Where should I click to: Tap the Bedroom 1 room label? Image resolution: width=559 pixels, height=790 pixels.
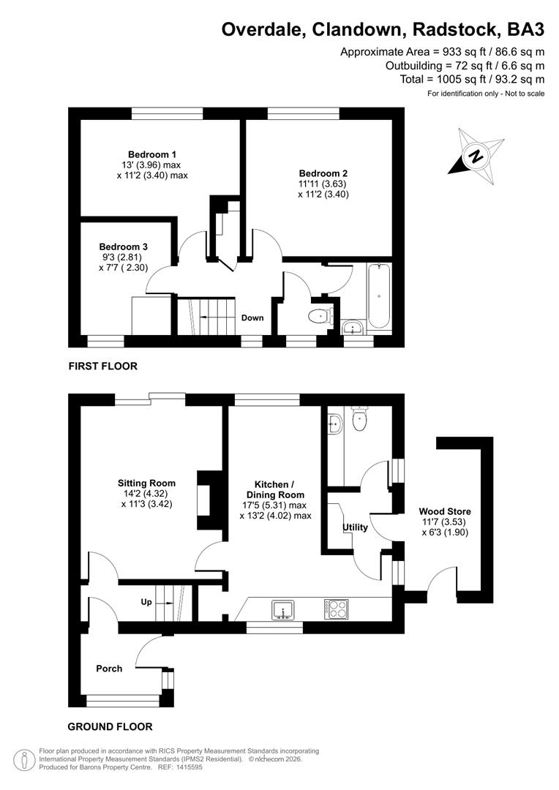pyautogui.click(x=152, y=154)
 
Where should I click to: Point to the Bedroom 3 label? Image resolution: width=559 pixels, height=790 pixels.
pyautogui.click(x=123, y=247)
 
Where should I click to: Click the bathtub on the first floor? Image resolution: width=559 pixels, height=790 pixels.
pyautogui.click(x=380, y=297)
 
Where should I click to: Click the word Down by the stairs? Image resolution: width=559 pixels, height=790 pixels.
pyautogui.click(x=252, y=317)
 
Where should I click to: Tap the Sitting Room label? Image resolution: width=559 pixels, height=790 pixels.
pyautogui.click(x=146, y=483)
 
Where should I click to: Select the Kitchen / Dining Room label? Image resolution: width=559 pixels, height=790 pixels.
pyautogui.click(x=274, y=489)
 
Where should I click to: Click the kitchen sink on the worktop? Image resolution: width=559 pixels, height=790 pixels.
pyautogui.click(x=282, y=608)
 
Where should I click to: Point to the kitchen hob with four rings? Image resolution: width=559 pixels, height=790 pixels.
pyautogui.click(x=336, y=607)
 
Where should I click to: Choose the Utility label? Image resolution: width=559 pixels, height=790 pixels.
pyautogui.click(x=355, y=527)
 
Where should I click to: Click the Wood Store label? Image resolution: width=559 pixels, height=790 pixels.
pyautogui.click(x=445, y=511)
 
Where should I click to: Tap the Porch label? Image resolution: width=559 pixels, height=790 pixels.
pyautogui.click(x=109, y=669)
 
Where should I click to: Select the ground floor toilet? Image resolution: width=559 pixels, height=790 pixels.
pyautogui.click(x=359, y=418)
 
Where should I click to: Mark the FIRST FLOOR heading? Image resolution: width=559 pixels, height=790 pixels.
pyautogui.click(x=102, y=366)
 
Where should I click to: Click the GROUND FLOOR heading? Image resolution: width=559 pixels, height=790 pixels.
pyautogui.click(x=110, y=726)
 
